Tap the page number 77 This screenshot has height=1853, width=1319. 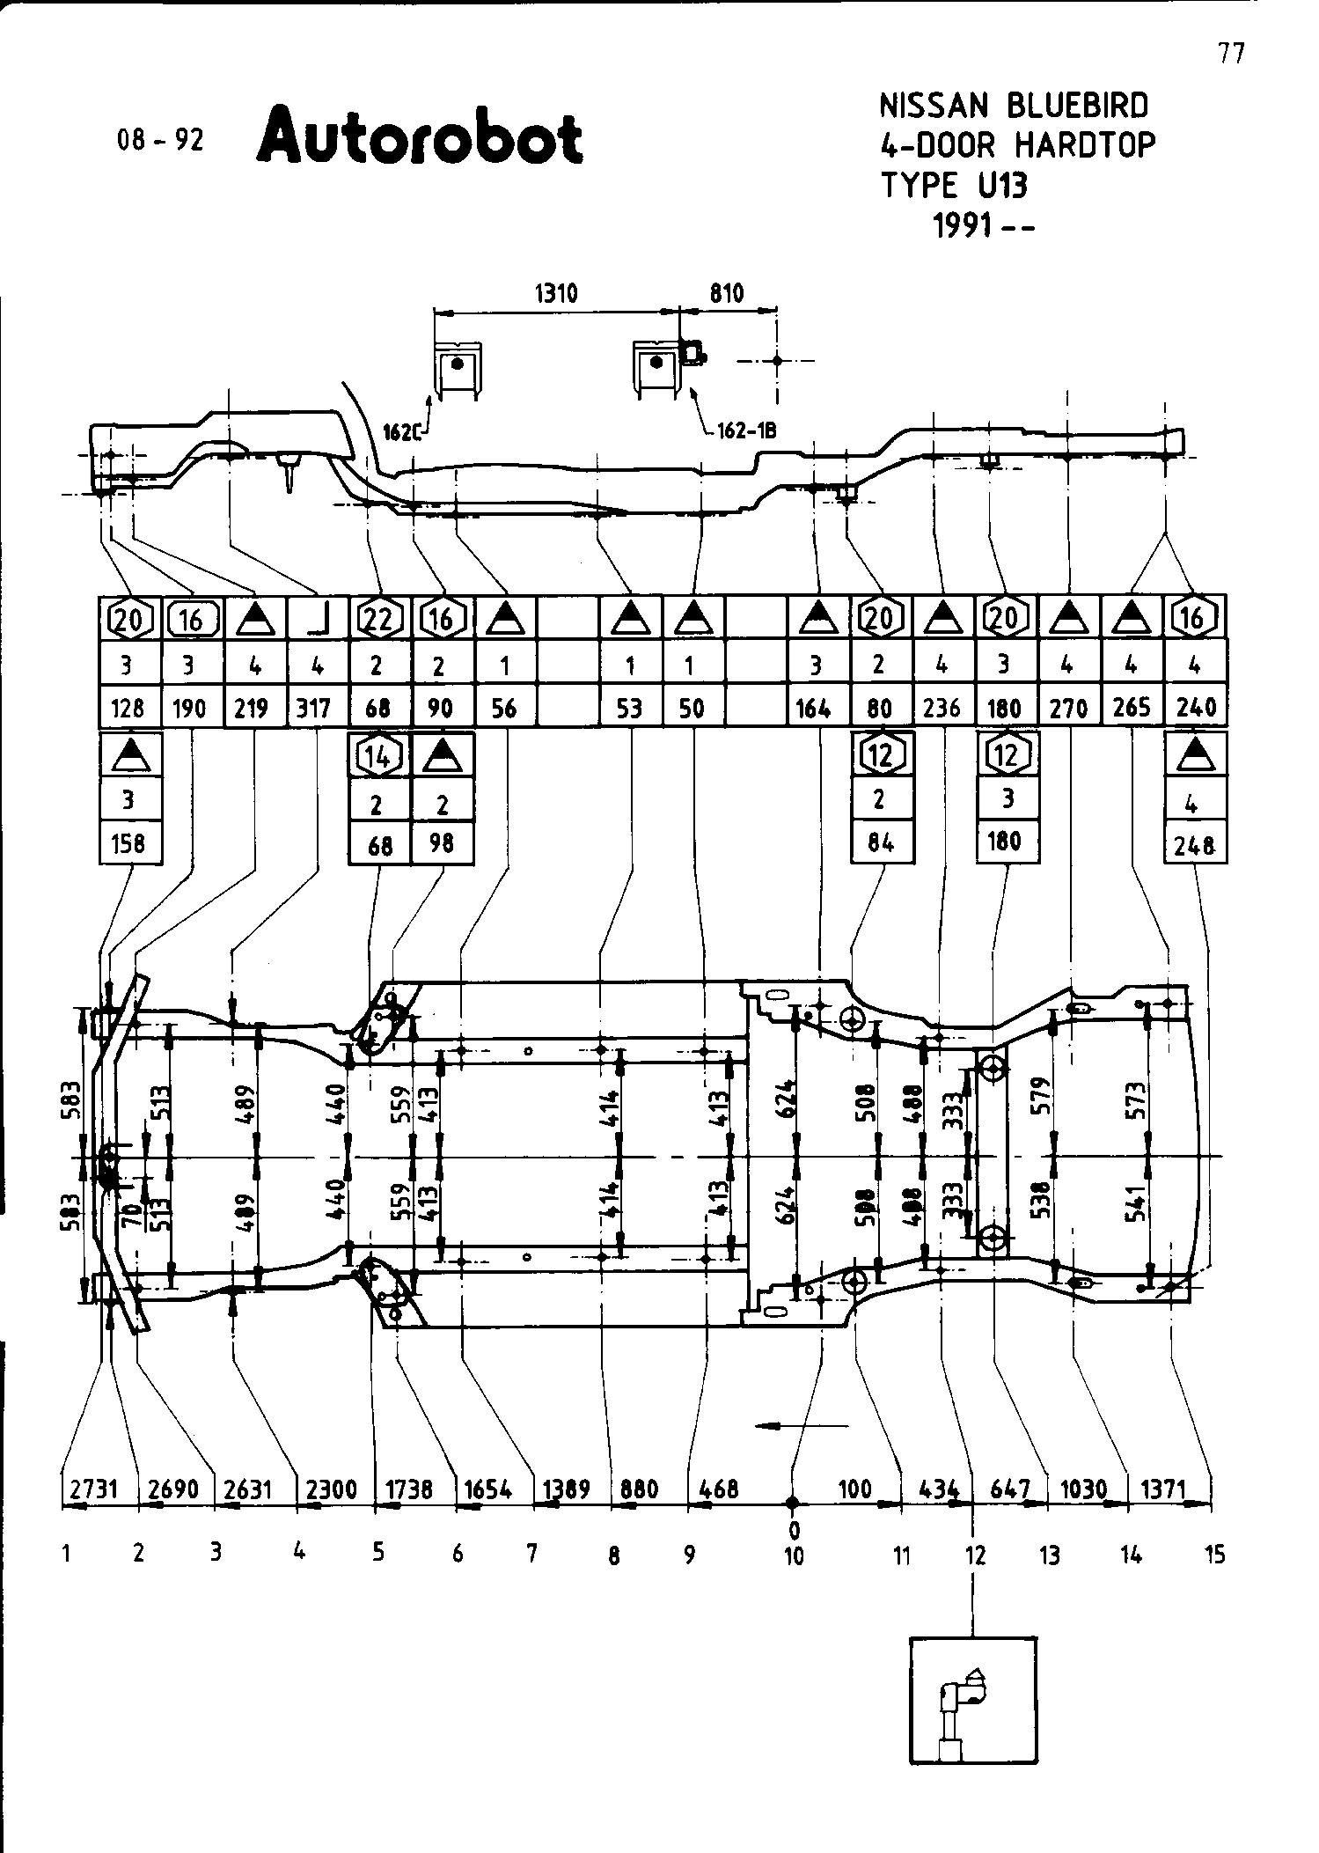click(x=1232, y=54)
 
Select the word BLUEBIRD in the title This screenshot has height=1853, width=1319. click(x=1078, y=106)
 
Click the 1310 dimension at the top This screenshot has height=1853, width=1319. click(x=556, y=293)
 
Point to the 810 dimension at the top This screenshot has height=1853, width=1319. click(x=727, y=293)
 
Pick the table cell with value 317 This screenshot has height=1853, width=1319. click(x=314, y=708)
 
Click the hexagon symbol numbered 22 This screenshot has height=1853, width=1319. click(x=378, y=620)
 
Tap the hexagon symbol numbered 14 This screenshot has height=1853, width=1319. click(x=379, y=755)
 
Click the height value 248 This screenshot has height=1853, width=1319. click(x=1195, y=846)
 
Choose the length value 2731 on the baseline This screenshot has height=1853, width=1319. click(x=92, y=1489)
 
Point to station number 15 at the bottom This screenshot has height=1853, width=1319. click(x=1214, y=1555)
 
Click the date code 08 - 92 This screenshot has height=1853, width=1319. click(x=160, y=140)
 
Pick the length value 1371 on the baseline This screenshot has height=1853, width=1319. click(x=1163, y=1489)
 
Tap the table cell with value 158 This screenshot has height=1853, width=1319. click(x=128, y=843)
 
